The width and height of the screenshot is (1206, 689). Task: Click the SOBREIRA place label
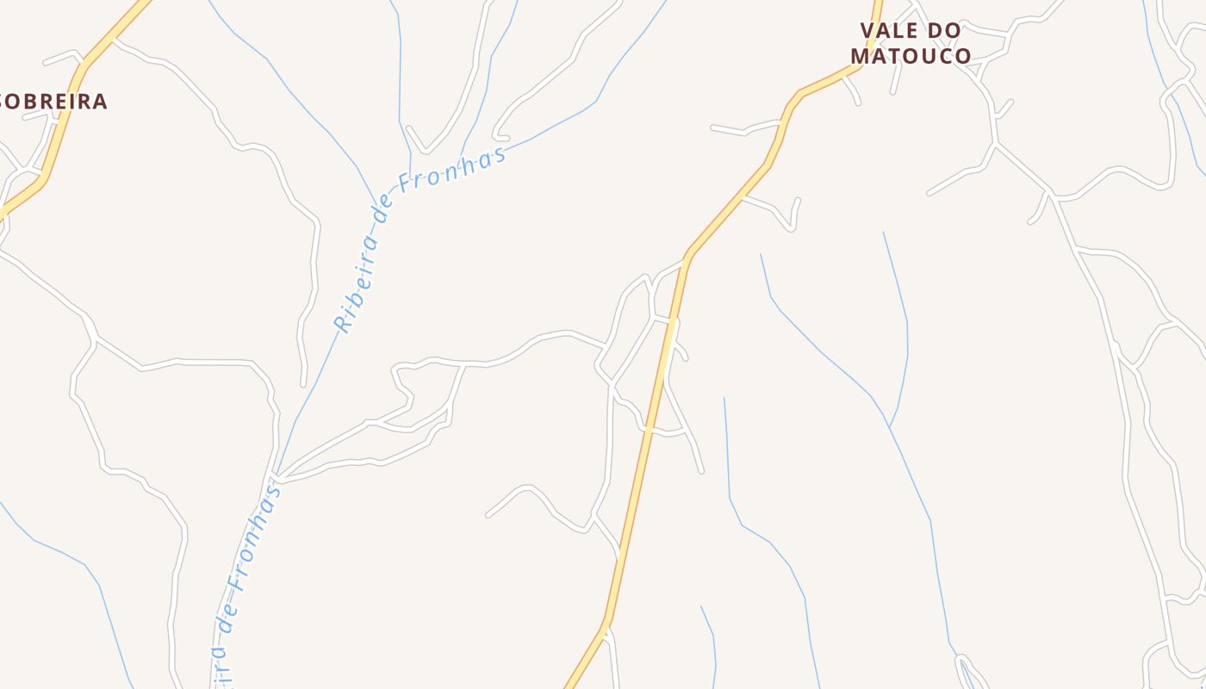click(53, 102)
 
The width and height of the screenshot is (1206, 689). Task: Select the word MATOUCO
click(911, 56)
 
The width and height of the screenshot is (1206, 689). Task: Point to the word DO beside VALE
click(945, 31)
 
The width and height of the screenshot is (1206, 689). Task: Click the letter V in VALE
click(867, 31)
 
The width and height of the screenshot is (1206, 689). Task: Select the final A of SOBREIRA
click(100, 102)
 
